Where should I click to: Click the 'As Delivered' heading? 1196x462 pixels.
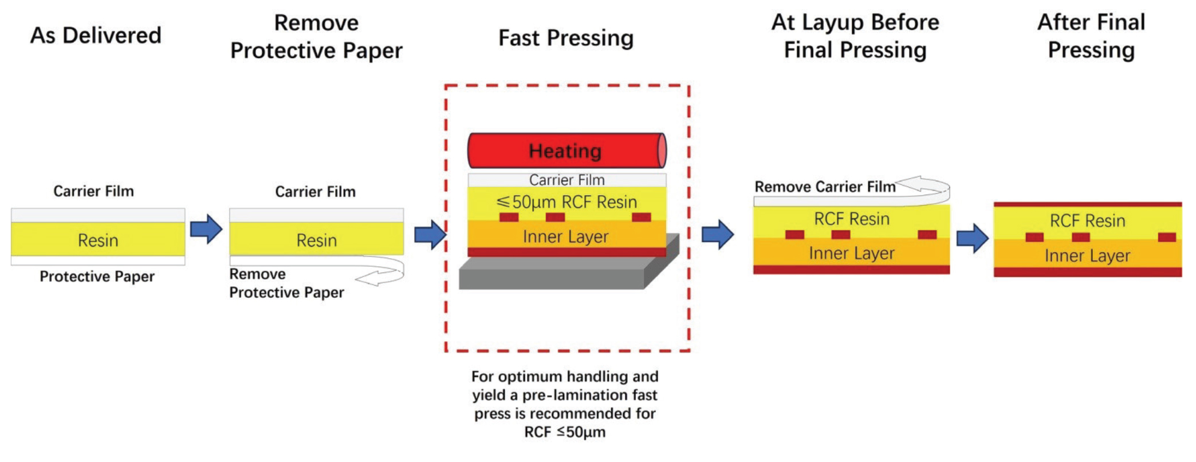pyautogui.click(x=96, y=35)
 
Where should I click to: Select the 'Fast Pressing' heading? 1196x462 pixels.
pyautogui.click(x=566, y=38)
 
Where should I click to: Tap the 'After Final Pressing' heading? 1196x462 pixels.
pyautogui.click(x=1091, y=36)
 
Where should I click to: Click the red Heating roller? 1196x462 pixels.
pyautogui.click(x=565, y=151)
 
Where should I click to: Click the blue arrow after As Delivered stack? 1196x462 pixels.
pyautogui.click(x=206, y=229)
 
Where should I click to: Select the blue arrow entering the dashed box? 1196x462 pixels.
pyautogui.click(x=430, y=234)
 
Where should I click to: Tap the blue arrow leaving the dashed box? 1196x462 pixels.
pyautogui.click(x=717, y=234)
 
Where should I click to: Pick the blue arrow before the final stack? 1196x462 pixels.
pyautogui.click(x=972, y=238)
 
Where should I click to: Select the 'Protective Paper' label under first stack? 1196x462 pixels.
pyautogui.click(x=97, y=277)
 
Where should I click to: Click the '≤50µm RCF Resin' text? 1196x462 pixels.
pyautogui.click(x=566, y=202)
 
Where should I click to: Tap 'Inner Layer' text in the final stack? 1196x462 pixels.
pyautogui.click(x=1087, y=256)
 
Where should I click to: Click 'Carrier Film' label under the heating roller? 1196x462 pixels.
pyautogui.click(x=566, y=180)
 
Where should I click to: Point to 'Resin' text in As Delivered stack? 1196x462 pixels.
pyautogui.click(x=98, y=240)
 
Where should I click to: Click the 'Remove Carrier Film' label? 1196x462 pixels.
pyautogui.click(x=824, y=187)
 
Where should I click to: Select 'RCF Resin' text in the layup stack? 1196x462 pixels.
pyautogui.click(x=851, y=219)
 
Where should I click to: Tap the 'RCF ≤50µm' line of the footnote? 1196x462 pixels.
pyautogui.click(x=564, y=432)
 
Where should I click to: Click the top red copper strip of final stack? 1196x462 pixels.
pyautogui.click(x=1087, y=204)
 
